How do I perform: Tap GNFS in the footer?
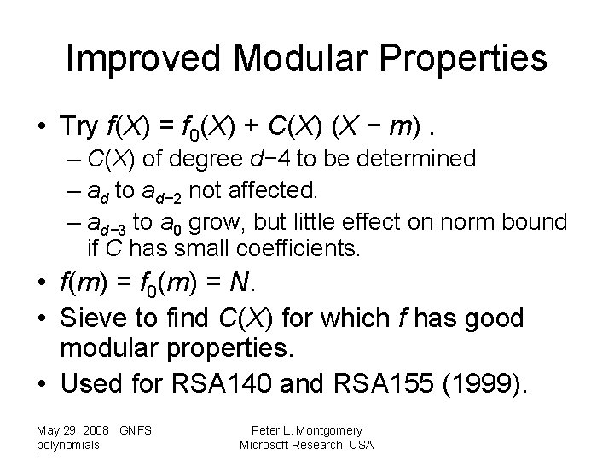136,431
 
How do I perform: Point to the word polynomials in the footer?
68,445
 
